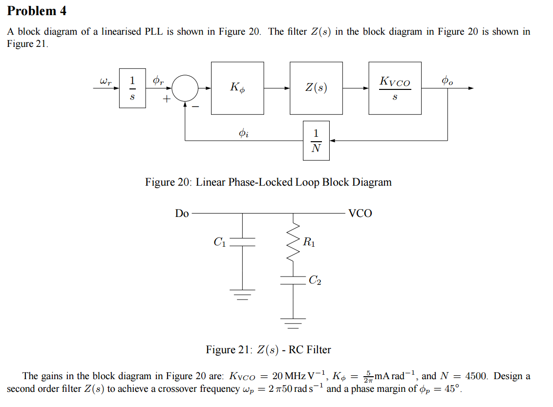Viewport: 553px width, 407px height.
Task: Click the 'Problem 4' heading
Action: [x=37, y=11]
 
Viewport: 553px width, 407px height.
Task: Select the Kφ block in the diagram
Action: [x=237, y=88]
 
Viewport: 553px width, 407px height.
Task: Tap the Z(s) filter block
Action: [x=316, y=88]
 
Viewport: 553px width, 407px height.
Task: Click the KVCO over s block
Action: [x=395, y=88]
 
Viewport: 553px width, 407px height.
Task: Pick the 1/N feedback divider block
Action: [x=316, y=141]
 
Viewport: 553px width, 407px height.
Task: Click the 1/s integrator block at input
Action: [x=132, y=88]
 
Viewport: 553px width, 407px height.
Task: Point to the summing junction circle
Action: [x=185, y=88]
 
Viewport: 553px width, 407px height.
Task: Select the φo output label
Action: [x=447, y=81]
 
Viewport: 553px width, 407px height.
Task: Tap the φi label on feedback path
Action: [x=243, y=132]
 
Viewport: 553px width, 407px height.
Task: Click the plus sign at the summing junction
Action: [x=167, y=99]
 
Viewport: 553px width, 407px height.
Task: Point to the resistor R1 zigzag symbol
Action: [x=293, y=243]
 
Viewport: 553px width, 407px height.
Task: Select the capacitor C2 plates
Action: [x=293, y=280]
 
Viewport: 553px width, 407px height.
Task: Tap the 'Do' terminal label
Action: [x=182, y=214]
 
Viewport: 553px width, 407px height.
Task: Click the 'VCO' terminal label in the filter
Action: [x=360, y=214]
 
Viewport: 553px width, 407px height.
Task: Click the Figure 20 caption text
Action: [x=268, y=182]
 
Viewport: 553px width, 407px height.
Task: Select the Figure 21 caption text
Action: [x=268, y=350]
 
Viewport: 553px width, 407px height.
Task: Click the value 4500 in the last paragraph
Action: [x=477, y=376]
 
